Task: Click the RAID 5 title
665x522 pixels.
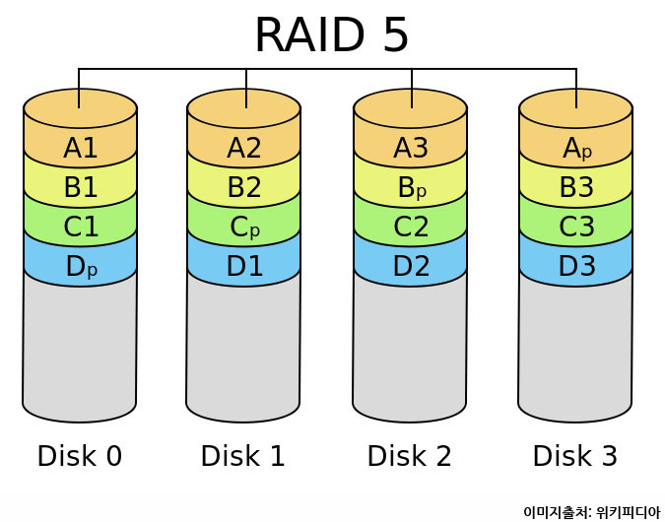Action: click(331, 35)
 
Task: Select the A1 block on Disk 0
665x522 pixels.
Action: click(80, 148)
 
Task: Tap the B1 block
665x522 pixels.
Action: click(80, 187)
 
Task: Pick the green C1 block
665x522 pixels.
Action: click(80, 227)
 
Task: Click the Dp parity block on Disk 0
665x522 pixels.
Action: click(80, 266)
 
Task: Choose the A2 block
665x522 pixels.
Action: click(243, 148)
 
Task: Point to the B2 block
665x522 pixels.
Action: click(243, 187)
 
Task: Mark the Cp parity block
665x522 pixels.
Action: click(243, 227)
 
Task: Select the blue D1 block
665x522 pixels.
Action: click(243, 266)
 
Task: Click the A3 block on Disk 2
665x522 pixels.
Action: click(410, 148)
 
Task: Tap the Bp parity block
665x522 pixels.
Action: click(410, 187)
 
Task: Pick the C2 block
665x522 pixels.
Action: click(410, 227)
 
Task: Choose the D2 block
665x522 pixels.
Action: click(410, 266)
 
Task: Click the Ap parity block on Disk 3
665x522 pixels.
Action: click(575, 148)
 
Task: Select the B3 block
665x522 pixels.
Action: click(575, 187)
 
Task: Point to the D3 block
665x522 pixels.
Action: click(575, 266)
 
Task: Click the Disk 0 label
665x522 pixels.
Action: click(79, 456)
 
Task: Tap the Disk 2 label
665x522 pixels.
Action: click(409, 456)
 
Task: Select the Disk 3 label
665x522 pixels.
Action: click(574, 456)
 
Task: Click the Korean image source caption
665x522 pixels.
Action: click(591, 512)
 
